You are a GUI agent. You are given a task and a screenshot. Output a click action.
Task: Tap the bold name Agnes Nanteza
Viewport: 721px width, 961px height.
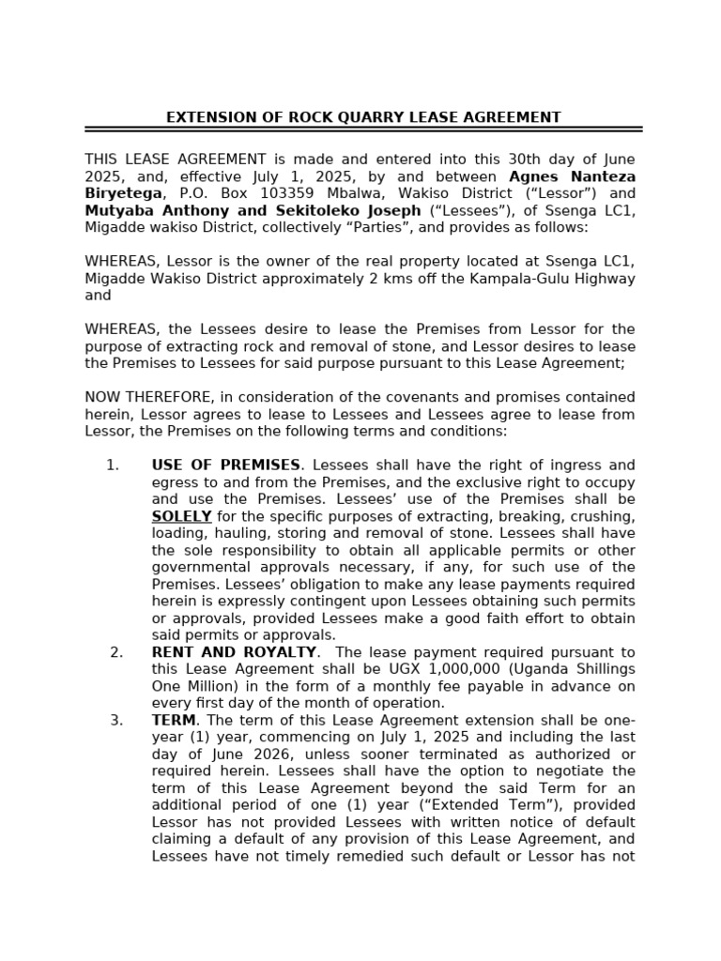(x=572, y=176)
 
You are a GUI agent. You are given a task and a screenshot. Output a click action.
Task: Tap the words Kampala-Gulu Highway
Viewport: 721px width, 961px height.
(x=563, y=279)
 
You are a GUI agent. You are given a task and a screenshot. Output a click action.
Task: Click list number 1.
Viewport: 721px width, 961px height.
(x=113, y=465)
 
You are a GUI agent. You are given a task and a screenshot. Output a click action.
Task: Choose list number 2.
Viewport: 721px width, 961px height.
(x=116, y=652)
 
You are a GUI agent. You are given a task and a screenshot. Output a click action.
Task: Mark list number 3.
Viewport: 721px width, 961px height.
(x=116, y=720)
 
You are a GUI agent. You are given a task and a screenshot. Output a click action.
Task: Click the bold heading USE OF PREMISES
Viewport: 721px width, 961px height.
(x=225, y=465)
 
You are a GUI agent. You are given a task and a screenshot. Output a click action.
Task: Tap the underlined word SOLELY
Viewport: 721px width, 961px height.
(x=181, y=516)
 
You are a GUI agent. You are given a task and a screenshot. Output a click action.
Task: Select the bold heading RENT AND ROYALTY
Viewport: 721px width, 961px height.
(x=234, y=652)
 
